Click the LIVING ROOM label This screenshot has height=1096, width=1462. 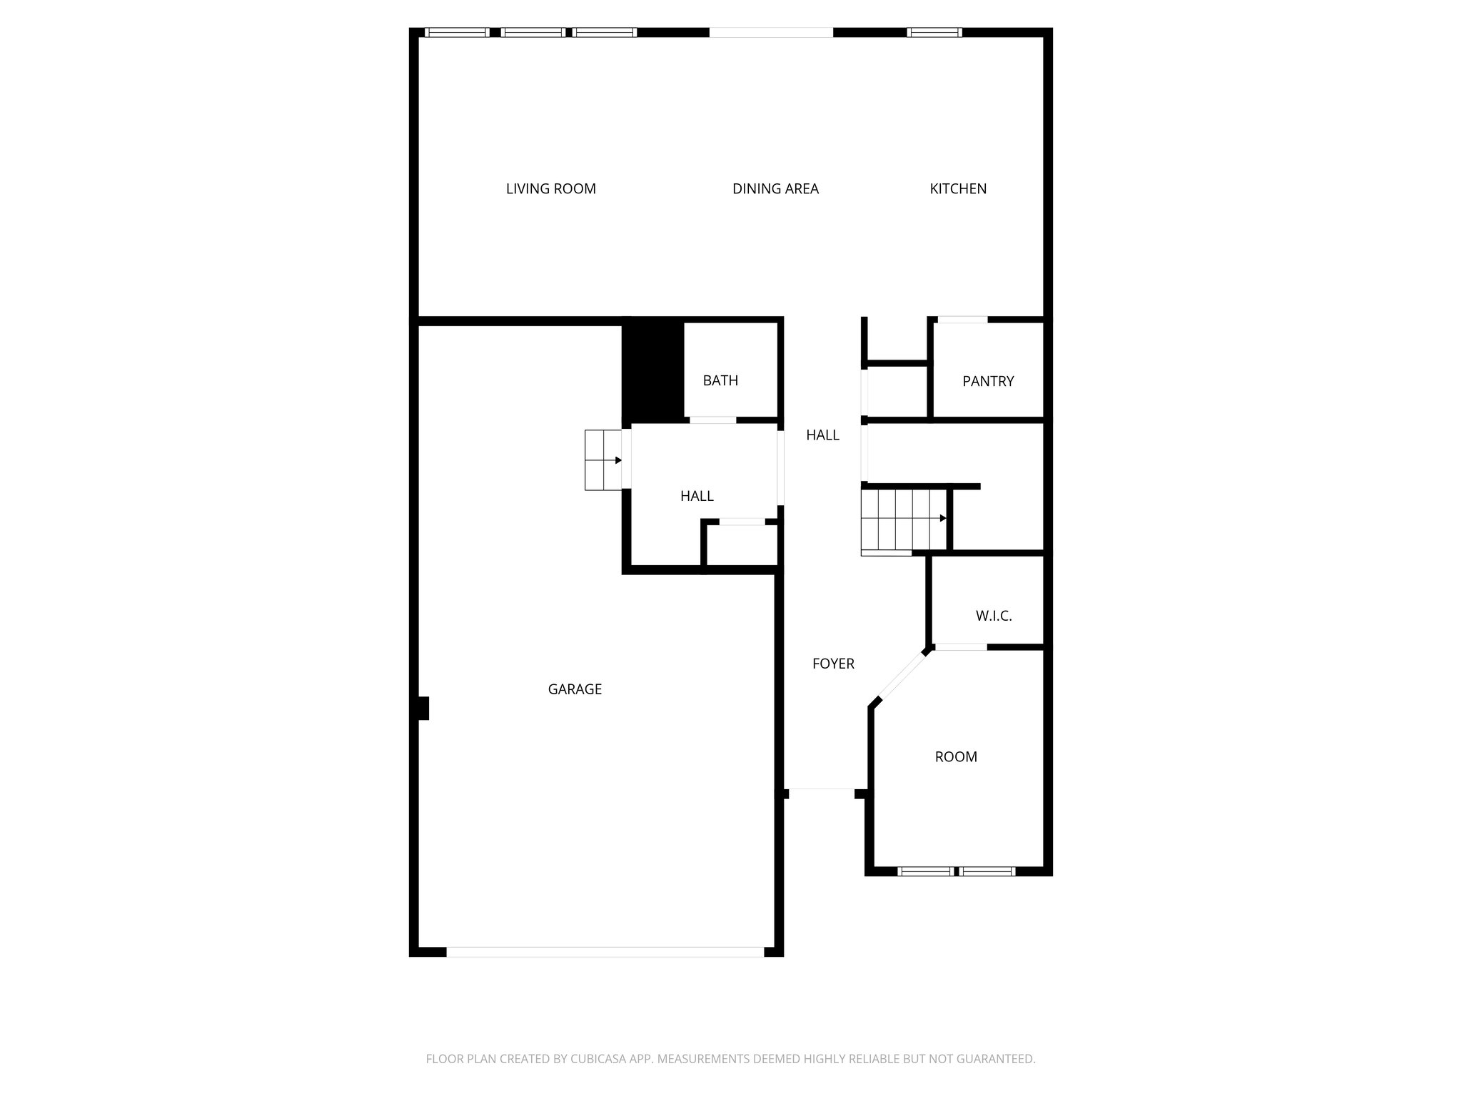pyautogui.click(x=550, y=189)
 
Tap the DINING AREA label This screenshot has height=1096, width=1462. pyautogui.click(x=775, y=189)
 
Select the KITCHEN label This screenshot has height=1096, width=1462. pyautogui.click(x=958, y=189)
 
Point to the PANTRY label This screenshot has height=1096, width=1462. pyautogui.click(x=988, y=381)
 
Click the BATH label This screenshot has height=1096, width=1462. pyautogui.click(x=720, y=380)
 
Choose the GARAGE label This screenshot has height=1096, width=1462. pyautogui.click(x=575, y=689)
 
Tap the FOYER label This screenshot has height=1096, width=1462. pyautogui.click(x=833, y=664)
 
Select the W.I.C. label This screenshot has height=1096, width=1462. pyautogui.click(x=994, y=616)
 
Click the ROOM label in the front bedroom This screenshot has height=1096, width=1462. pyautogui.click(x=956, y=757)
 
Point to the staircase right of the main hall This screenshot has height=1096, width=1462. pyautogui.click(x=904, y=519)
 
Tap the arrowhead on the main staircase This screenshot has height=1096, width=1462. pyautogui.click(x=943, y=518)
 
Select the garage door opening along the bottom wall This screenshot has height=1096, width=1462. pyautogui.click(x=605, y=951)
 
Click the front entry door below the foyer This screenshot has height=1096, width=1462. pyautogui.click(x=822, y=789)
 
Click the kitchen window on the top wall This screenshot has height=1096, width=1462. pyautogui.click(x=934, y=32)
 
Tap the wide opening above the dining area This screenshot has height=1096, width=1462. pyautogui.click(x=771, y=32)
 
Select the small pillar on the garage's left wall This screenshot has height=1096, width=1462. pyautogui.click(x=423, y=708)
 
